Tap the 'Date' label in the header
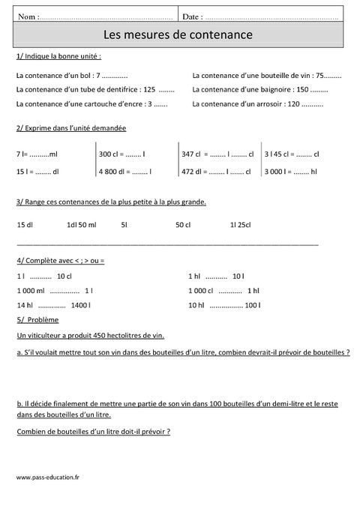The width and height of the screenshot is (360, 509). point(192,16)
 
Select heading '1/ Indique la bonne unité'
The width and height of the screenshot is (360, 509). point(58,57)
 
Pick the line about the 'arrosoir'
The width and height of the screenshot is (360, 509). point(257,103)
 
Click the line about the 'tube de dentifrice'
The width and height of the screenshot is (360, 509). point(94,89)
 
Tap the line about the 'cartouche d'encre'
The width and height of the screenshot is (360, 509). point(91,103)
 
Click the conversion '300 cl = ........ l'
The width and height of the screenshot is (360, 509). point(121,154)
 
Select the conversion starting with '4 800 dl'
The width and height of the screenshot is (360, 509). point(124,171)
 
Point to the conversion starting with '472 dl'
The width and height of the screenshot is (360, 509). point(217,171)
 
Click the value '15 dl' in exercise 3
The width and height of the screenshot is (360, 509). point(25,224)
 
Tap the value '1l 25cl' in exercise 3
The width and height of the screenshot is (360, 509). point(241,224)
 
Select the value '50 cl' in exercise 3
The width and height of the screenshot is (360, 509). point(183,224)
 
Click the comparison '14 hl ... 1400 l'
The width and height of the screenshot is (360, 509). point(52,305)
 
